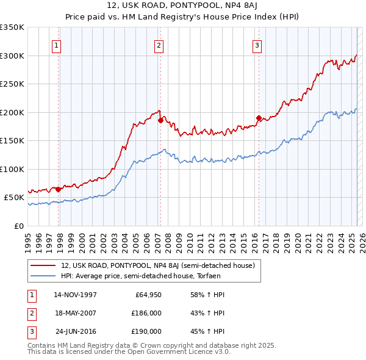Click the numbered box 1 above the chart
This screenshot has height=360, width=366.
click(x=56, y=45)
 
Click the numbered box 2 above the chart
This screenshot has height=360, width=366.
click(x=159, y=45)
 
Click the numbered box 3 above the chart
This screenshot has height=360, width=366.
click(x=257, y=45)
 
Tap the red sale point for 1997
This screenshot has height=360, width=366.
click(x=59, y=189)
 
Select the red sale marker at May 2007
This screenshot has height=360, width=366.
click(x=160, y=121)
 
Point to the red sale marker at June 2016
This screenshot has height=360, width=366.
click(x=259, y=118)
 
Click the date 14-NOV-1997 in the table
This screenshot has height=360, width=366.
click(x=76, y=295)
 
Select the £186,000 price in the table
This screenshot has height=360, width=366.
click(x=146, y=313)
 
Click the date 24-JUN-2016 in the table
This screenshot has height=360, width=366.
click(x=76, y=331)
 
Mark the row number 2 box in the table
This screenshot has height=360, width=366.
click(x=30, y=313)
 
